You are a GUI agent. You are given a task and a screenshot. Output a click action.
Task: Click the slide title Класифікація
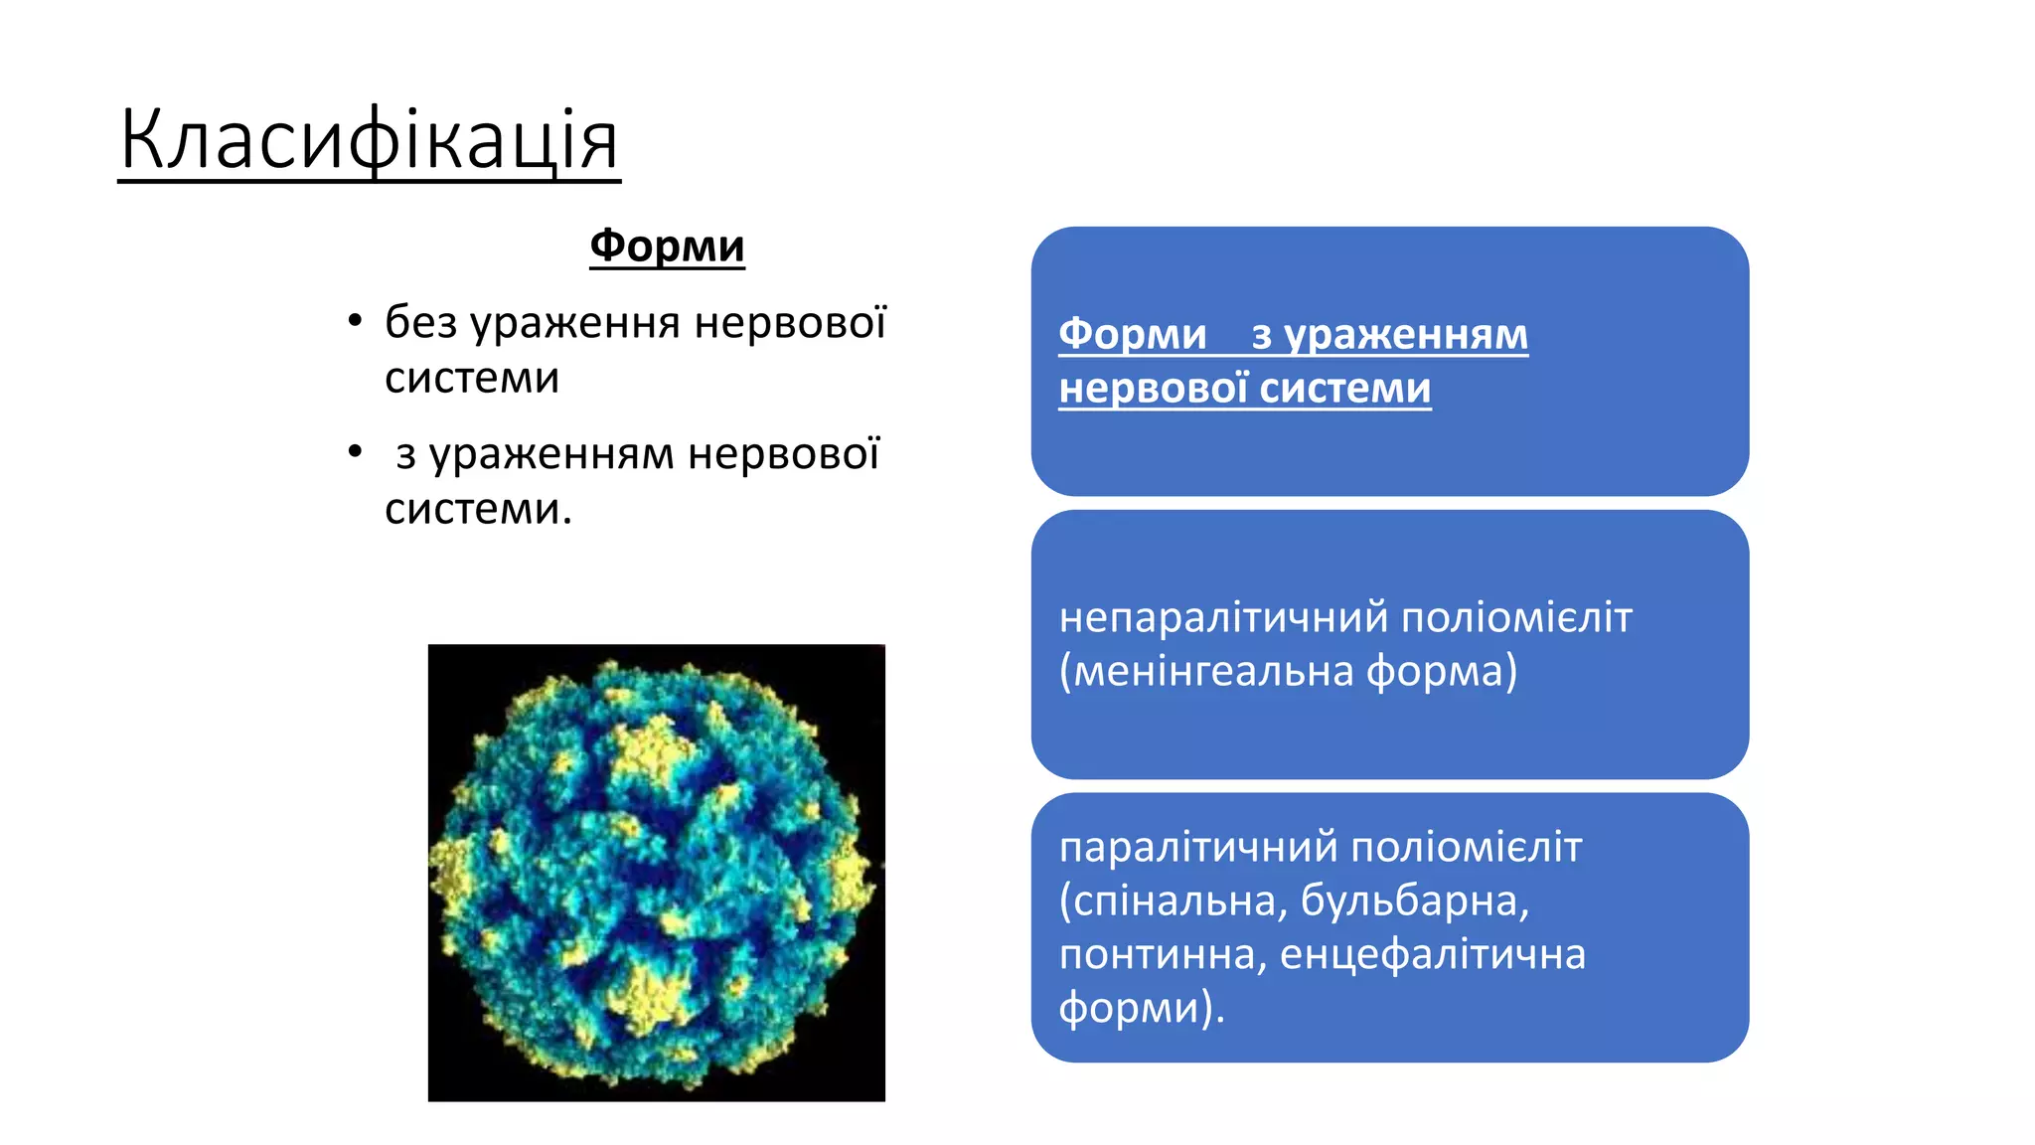click(369, 141)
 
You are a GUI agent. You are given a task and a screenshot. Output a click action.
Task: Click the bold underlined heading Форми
click(667, 245)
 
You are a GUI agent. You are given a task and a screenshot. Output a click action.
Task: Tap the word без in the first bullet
click(421, 322)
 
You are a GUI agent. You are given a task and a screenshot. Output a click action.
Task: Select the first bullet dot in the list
click(355, 321)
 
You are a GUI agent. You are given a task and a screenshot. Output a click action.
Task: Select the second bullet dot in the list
click(355, 452)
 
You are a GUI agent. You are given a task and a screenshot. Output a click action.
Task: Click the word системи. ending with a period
click(478, 509)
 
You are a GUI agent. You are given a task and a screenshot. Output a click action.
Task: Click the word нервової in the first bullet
click(789, 322)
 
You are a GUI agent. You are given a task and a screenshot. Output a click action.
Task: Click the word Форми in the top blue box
click(1132, 334)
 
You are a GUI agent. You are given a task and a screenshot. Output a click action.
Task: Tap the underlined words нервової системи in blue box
click(1244, 388)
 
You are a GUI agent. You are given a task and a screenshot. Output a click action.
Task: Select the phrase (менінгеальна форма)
click(1288, 671)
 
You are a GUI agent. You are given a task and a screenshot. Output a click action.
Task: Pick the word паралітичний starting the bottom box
click(1198, 848)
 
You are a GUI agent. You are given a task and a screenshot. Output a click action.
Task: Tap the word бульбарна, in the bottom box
click(1414, 900)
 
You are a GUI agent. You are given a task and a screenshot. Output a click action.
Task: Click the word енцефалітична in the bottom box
click(1432, 954)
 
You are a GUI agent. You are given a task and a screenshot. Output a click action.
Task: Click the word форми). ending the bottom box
click(1141, 1008)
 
